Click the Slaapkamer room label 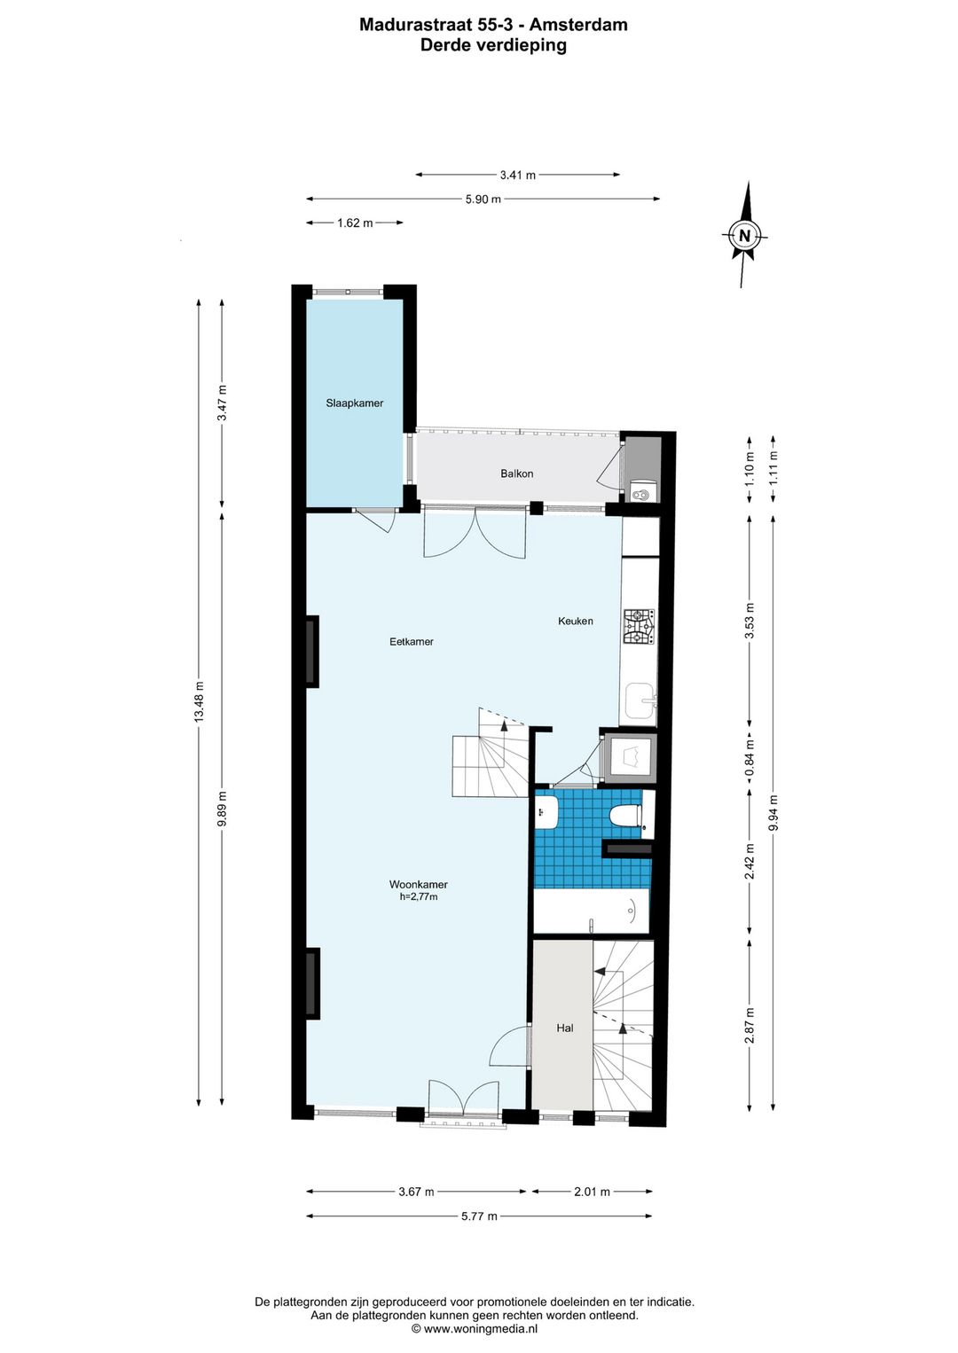click(354, 403)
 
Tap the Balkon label click(517, 473)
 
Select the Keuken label click(576, 621)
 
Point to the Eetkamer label click(411, 641)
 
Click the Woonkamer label click(419, 885)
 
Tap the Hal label click(565, 1028)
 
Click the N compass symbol click(745, 235)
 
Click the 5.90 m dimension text click(483, 199)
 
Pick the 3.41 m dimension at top click(517, 176)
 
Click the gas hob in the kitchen click(640, 627)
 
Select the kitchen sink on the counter click(640, 701)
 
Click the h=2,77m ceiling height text click(419, 897)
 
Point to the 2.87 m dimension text click(750, 1026)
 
